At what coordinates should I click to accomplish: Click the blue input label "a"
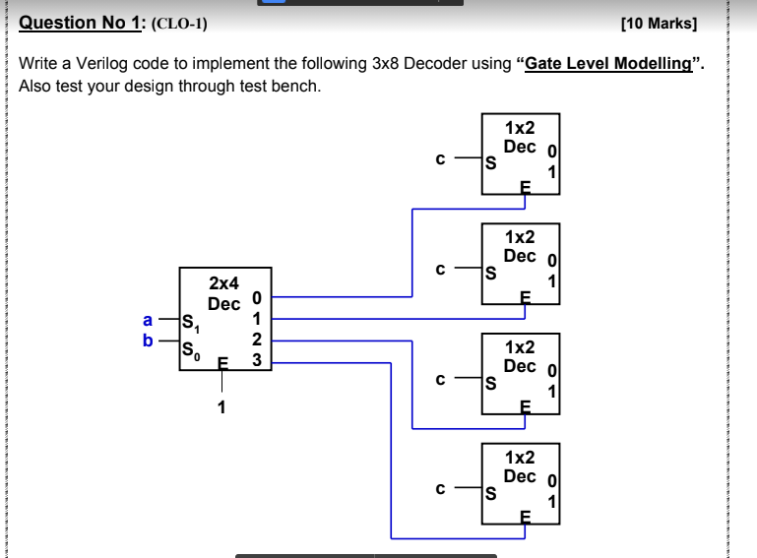pos(149,320)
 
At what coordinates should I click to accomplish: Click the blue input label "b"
pos(149,341)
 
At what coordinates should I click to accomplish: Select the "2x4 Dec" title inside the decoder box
pos(224,293)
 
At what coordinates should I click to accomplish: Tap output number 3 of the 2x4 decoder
pos(257,360)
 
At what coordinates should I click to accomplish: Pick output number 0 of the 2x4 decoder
pos(257,298)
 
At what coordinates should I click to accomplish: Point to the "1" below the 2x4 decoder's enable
pos(221,406)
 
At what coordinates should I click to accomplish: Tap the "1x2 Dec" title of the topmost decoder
pos(520,137)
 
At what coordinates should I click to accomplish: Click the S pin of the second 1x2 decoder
pos(488,275)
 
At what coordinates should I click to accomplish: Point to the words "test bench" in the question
pos(282,86)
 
